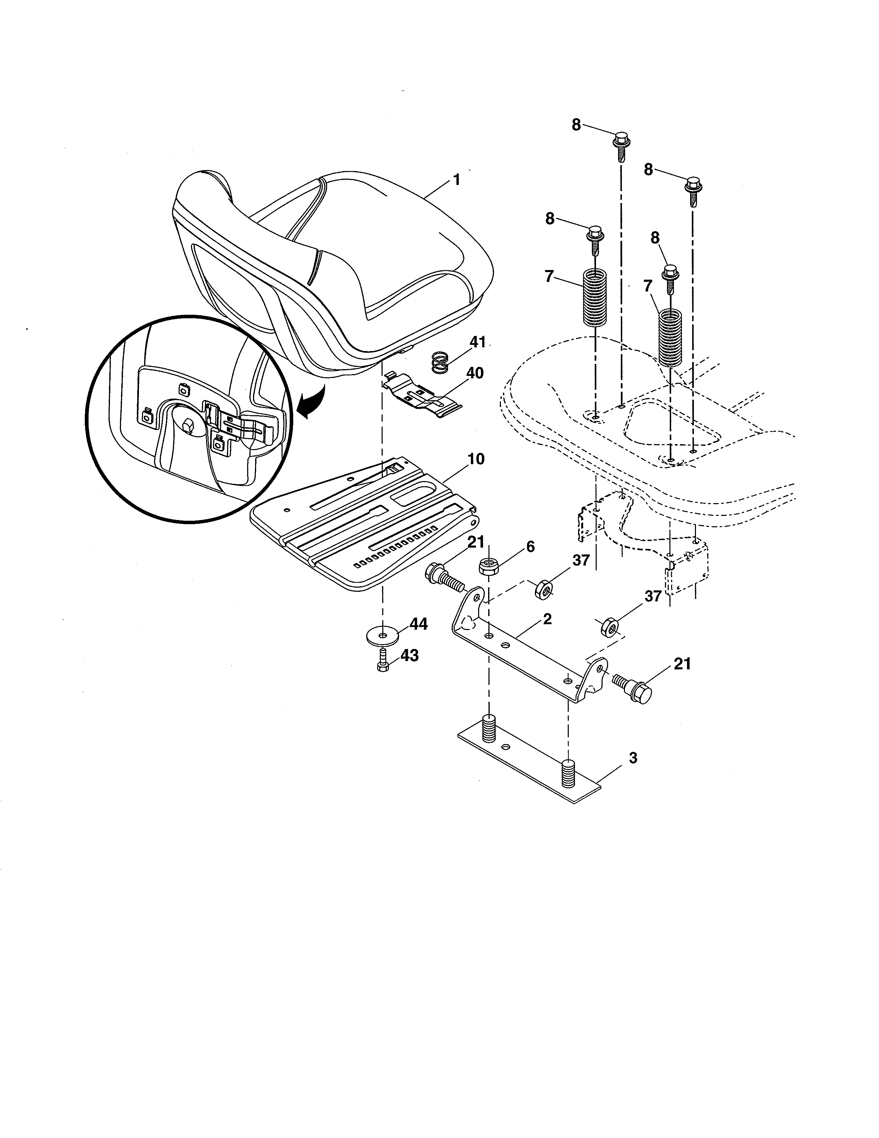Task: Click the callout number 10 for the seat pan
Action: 475,459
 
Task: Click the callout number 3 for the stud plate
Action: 633,758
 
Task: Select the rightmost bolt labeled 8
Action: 692,190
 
